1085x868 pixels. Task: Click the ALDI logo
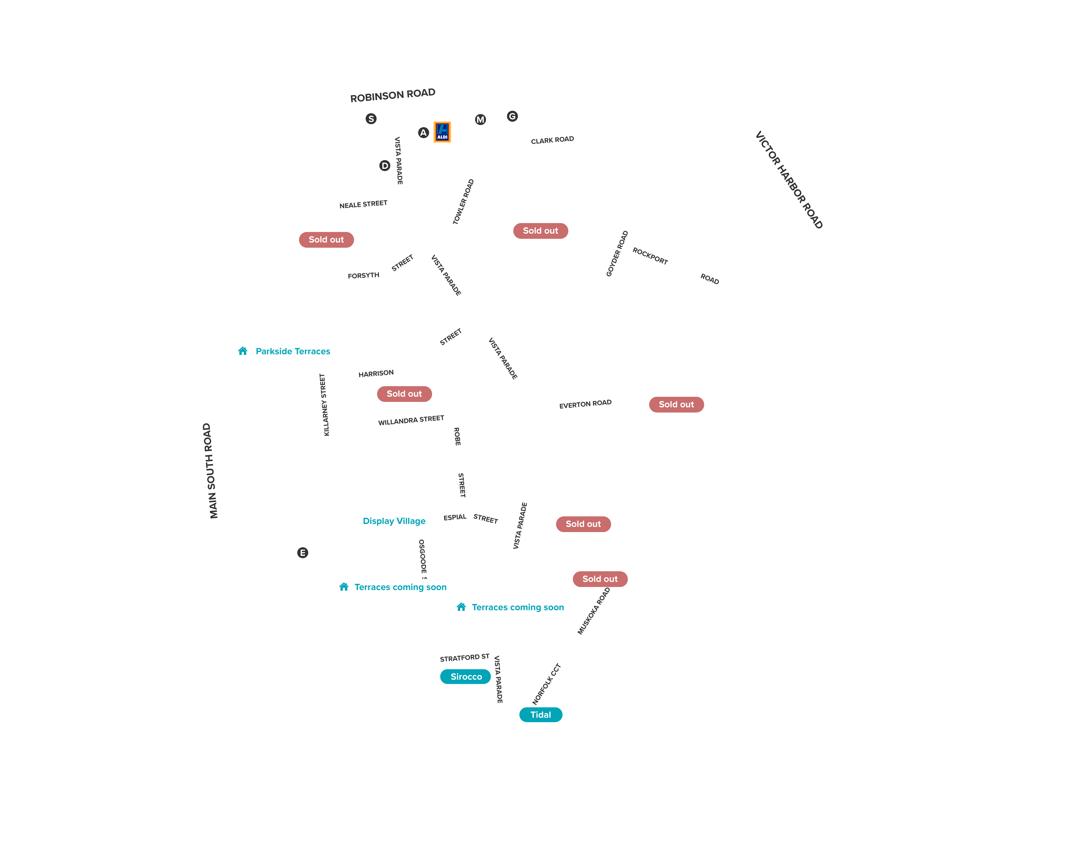click(442, 132)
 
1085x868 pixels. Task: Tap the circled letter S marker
click(371, 119)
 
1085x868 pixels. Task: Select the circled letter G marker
click(512, 116)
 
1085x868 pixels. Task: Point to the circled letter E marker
click(302, 552)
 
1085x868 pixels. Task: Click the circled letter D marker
click(385, 166)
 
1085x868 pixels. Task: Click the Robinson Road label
click(393, 95)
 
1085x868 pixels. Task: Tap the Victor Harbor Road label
click(789, 180)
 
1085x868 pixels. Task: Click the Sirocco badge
click(465, 676)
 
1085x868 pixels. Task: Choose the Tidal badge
click(541, 715)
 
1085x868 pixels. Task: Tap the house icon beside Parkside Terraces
click(243, 351)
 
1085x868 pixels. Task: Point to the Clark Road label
click(552, 140)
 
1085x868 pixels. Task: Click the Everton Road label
click(585, 404)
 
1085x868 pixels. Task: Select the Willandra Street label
click(411, 420)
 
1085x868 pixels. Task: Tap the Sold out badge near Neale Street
click(326, 240)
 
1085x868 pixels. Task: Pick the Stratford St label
click(465, 658)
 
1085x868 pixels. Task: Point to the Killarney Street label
click(325, 404)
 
